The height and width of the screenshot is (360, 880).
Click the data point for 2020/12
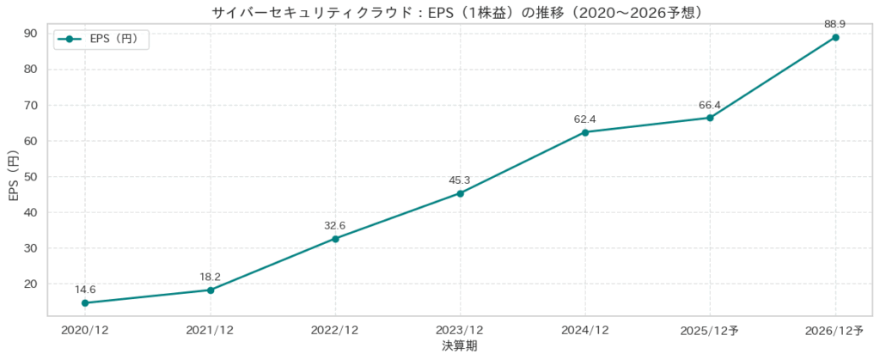[x=85, y=302]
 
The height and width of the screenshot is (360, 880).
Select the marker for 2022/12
[x=335, y=238]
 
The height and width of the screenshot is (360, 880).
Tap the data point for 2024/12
[x=585, y=132]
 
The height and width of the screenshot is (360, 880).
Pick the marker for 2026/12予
[x=835, y=37]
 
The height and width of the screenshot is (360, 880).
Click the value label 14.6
[x=85, y=290]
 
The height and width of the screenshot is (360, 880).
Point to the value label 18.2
[x=210, y=277]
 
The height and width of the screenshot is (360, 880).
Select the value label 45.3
[x=460, y=180]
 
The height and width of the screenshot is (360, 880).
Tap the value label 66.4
[x=710, y=105]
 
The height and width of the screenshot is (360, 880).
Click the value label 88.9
[x=835, y=24]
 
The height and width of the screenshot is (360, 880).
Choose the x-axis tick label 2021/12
[x=210, y=331]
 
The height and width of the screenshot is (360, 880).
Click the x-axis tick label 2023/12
[x=460, y=331]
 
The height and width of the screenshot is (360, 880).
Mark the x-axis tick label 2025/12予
[x=710, y=331]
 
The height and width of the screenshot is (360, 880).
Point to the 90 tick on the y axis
[x=30, y=34]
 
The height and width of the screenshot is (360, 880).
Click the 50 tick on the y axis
[x=30, y=176]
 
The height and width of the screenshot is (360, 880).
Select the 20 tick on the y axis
[x=30, y=284]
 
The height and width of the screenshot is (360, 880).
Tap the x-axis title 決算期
[x=460, y=346]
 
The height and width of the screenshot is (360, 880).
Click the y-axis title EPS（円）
[x=12, y=176]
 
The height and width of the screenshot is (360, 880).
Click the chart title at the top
[x=460, y=12]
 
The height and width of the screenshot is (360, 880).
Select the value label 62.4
[x=585, y=119]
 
